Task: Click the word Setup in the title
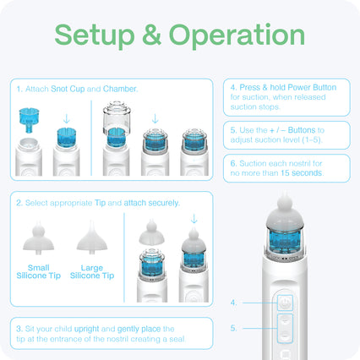click(x=95, y=35)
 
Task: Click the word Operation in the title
click(x=237, y=35)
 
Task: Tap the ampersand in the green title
click(x=151, y=35)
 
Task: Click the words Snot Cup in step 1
click(x=68, y=89)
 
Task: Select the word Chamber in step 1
click(x=120, y=89)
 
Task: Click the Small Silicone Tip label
click(x=39, y=271)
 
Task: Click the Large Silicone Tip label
click(x=92, y=271)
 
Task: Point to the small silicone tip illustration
click(x=38, y=238)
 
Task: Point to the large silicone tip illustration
click(x=92, y=237)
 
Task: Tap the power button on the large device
click(x=285, y=303)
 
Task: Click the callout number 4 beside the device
click(x=233, y=303)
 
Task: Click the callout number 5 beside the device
click(x=233, y=328)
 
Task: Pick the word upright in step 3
click(x=86, y=329)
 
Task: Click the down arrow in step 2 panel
click(x=194, y=219)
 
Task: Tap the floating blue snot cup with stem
click(x=29, y=120)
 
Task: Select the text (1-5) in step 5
click(x=312, y=140)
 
